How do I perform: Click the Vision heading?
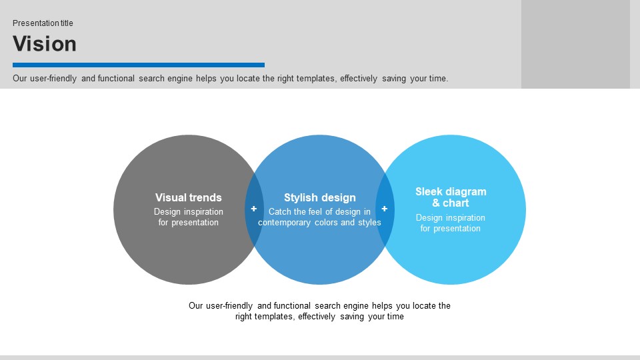45,44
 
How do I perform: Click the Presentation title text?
43,23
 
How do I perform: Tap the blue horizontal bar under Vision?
139,65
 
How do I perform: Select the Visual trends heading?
189,197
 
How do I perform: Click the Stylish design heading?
320,197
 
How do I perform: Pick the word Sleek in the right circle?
429,191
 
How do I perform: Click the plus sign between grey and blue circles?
254,209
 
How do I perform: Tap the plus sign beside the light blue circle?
385,209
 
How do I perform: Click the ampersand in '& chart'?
436,203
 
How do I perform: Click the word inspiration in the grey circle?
203,212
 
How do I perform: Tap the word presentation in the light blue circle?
457,229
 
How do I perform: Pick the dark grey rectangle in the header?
575,44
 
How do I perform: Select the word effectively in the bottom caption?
317,316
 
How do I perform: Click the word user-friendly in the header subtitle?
53,79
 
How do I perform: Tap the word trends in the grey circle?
206,197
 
